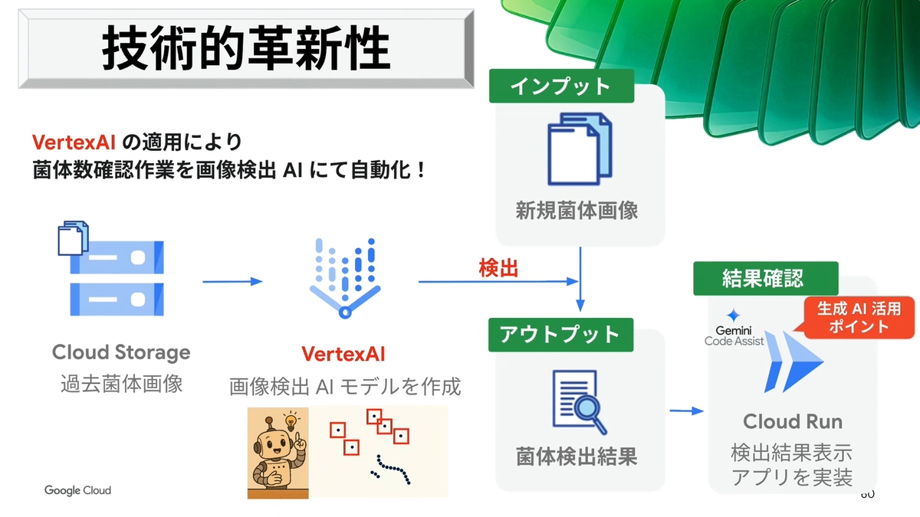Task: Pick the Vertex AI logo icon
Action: [345, 277]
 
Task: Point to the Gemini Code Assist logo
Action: [734, 330]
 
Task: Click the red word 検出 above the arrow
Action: [498, 268]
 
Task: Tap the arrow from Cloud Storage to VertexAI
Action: [232, 282]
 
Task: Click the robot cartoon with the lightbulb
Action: [278, 452]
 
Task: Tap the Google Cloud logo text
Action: [77, 490]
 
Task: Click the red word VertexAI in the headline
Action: [74, 142]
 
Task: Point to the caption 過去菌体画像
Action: [121, 383]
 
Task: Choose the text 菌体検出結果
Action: [577, 458]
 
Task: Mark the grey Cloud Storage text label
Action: [121, 352]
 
